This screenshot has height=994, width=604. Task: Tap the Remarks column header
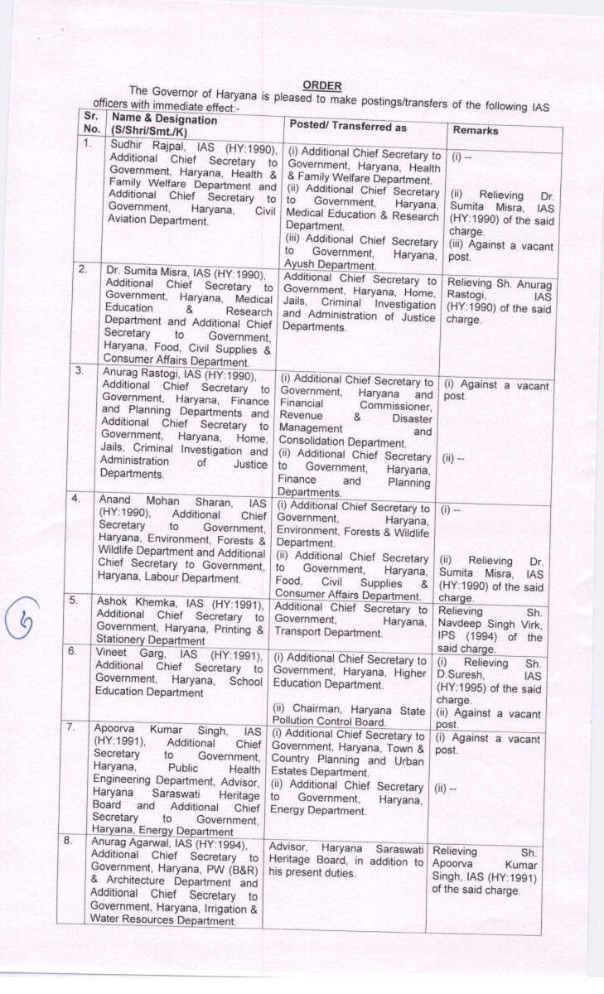tap(476, 131)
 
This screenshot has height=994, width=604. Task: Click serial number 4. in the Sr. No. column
tap(75, 499)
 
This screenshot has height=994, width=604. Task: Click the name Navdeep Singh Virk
tap(488, 627)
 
